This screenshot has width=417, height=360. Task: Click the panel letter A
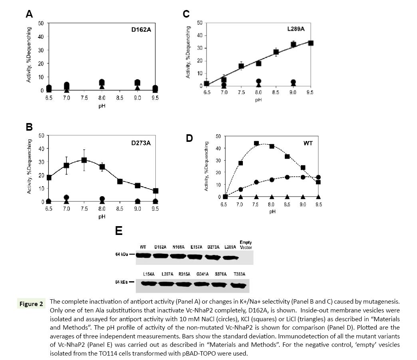(x=29, y=14)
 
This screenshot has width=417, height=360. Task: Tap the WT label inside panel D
(x=308, y=143)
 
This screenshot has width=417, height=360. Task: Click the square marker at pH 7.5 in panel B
(x=84, y=160)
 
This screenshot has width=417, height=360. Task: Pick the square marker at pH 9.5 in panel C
(x=310, y=43)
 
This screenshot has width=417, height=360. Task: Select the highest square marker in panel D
(x=256, y=143)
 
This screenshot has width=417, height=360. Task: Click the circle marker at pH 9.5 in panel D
(x=318, y=177)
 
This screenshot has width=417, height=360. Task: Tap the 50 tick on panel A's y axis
(x=41, y=23)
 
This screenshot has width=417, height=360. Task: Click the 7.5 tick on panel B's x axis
(x=84, y=209)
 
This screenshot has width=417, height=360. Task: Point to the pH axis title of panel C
(x=258, y=100)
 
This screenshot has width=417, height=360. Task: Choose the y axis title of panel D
(x=207, y=166)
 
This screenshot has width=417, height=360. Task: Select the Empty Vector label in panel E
(x=245, y=245)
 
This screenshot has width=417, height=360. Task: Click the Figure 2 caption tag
(x=32, y=304)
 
